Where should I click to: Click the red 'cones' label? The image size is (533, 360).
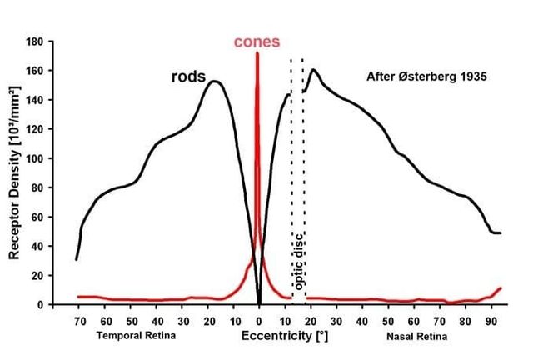click(x=257, y=42)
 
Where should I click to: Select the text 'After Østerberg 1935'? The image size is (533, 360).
click(x=426, y=77)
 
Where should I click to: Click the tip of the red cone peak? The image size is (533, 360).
click(x=257, y=52)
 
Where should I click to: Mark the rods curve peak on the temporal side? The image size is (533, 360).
click(x=214, y=82)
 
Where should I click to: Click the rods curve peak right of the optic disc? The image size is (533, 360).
click(x=313, y=70)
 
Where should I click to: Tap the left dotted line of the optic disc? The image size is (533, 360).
click(x=291, y=167)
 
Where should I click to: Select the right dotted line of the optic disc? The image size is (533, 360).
click(x=302, y=167)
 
